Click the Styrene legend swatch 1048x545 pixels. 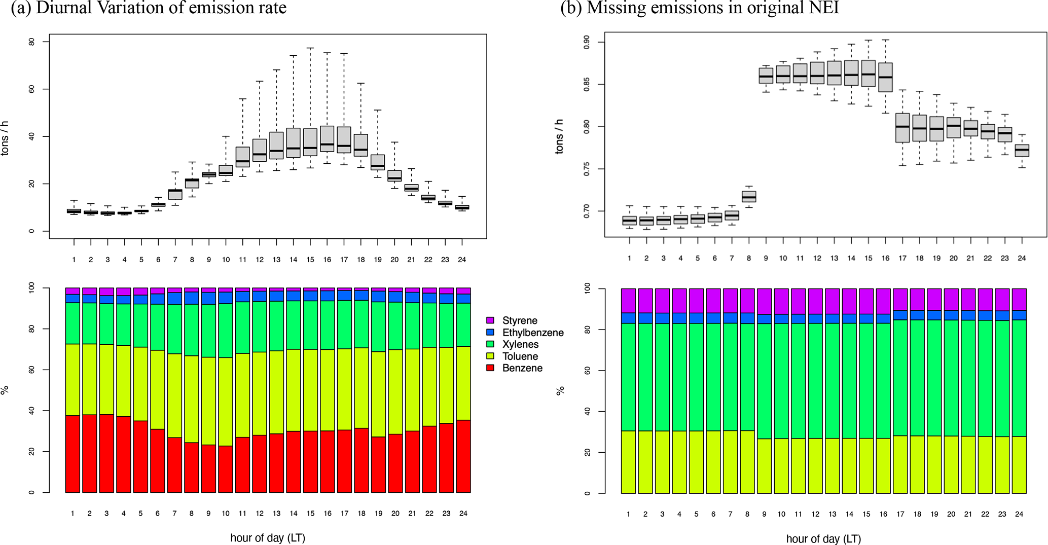(490, 320)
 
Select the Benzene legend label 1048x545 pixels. (522, 368)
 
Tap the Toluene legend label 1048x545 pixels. (520, 356)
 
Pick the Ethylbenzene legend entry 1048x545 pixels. (533, 333)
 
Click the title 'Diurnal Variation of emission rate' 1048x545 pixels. (161, 8)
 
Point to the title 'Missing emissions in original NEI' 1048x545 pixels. (712, 8)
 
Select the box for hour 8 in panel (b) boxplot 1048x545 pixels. (749, 197)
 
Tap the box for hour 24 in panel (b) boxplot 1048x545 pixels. (1022, 151)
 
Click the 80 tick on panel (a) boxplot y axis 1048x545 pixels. (32, 42)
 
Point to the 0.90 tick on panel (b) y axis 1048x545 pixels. (587, 43)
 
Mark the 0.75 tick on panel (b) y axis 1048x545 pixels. (587, 169)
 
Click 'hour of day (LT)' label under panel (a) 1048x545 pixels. (268, 538)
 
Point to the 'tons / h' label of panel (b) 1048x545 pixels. (559, 137)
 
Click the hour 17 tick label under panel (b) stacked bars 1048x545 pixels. (900, 514)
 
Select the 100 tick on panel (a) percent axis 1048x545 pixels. (32, 288)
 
